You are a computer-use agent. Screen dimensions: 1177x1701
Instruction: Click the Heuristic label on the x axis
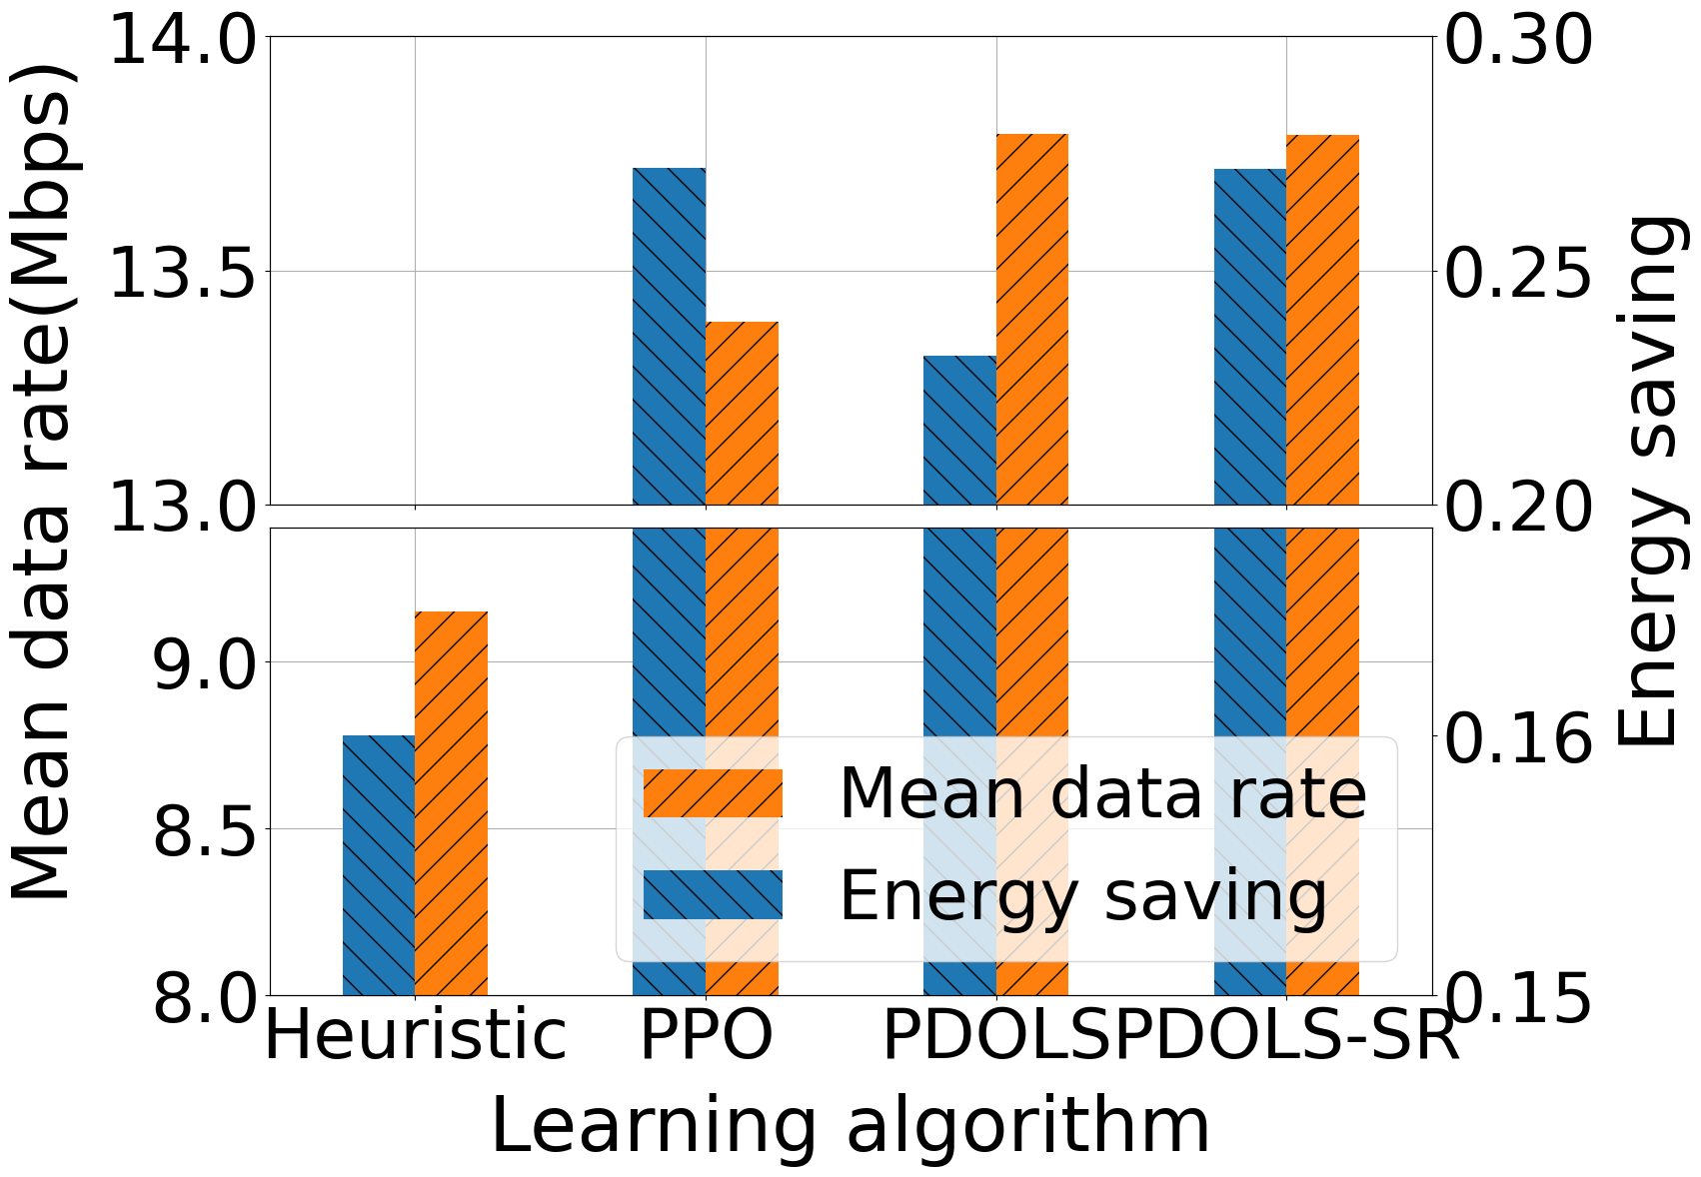coord(415,1037)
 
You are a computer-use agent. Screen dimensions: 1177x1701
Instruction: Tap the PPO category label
coord(706,1037)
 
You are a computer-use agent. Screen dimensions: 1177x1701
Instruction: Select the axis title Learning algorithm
coord(850,1127)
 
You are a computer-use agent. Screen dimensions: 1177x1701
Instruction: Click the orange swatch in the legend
coord(713,793)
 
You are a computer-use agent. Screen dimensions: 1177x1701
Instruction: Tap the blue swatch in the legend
coord(713,894)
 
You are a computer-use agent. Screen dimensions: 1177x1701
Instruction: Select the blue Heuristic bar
coord(379,864)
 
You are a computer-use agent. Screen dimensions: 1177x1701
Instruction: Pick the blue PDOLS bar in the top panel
coord(959,430)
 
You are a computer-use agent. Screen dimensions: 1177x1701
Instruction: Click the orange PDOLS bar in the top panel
coord(1032,319)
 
